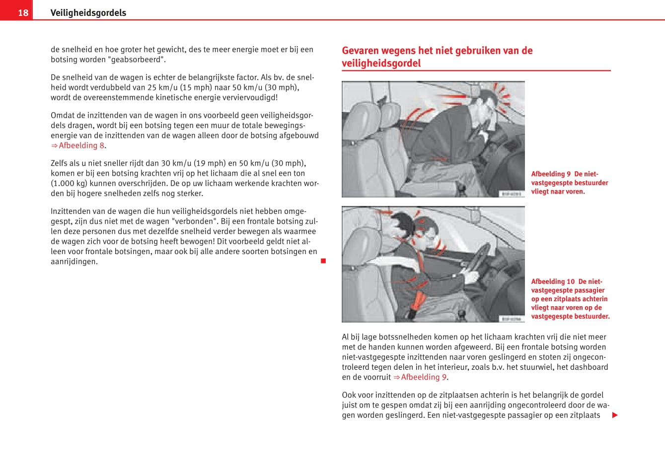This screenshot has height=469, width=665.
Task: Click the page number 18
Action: pyautogui.click(x=23, y=12)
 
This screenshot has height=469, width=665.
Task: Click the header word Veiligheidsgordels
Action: pyautogui.click(x=88, y=13)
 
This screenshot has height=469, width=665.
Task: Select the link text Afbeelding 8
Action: pyautogui.click(x=81, y=145)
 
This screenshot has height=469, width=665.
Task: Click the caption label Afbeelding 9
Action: pyautogui.click(x=551, y=174)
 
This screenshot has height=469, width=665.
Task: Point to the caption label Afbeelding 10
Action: pyautogui.click(x=553, y=281)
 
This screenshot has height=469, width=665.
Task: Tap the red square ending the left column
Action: pyautogui.click(x=323, y=261)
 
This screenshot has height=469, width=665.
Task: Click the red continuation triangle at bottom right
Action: pyautogui.click(x=615, y=415)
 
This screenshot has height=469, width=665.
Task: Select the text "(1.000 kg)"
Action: pyautogui.click(x=69, y=183)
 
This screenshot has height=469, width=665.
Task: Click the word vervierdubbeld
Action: pyautogui.click(x=251, y=97)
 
